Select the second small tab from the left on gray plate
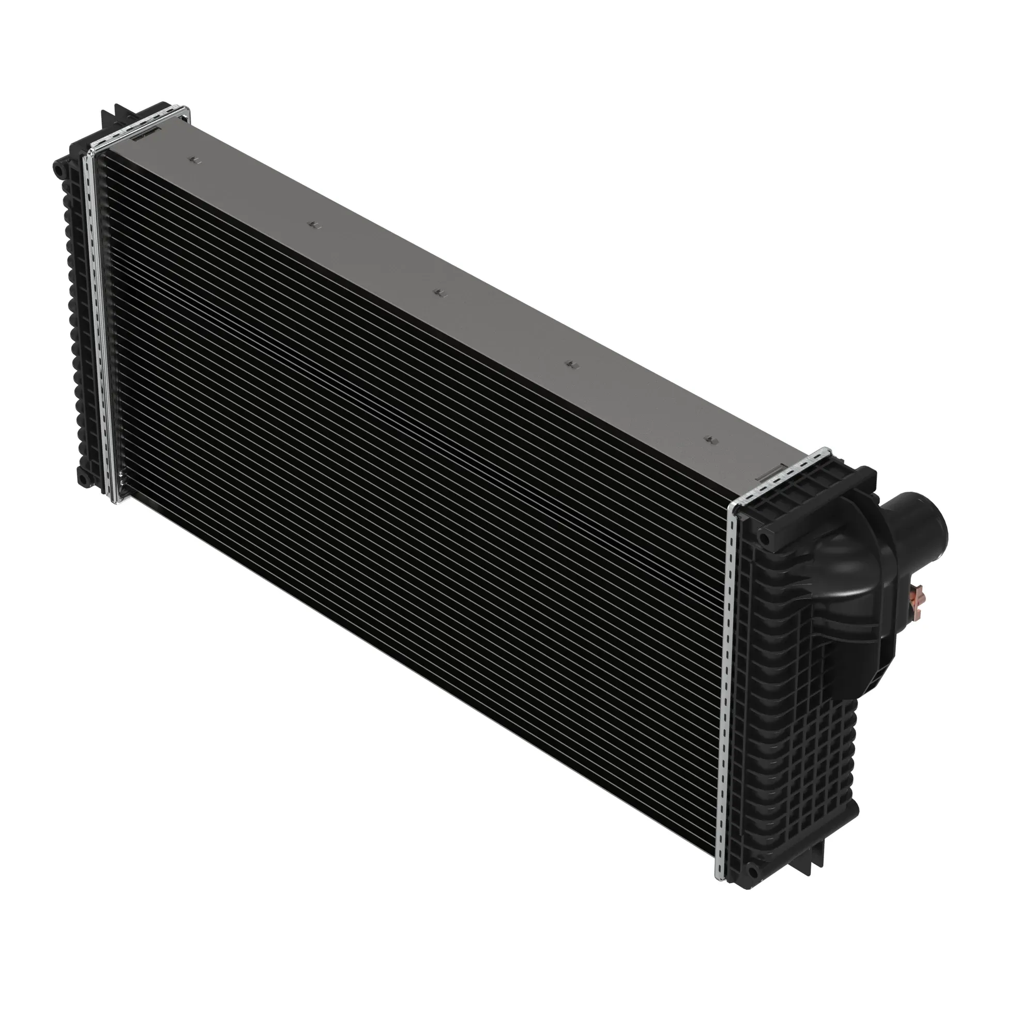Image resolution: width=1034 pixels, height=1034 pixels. coord(315,224)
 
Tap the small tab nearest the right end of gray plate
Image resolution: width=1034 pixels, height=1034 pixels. coord(710,440)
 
